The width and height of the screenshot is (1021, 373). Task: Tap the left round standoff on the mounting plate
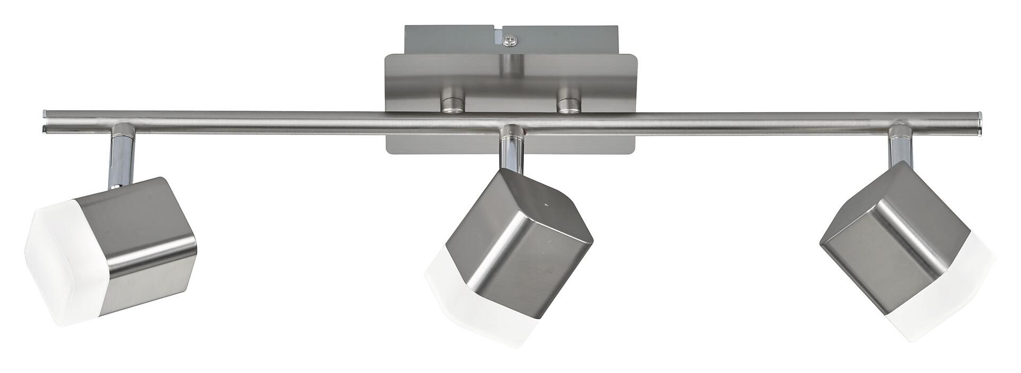click(452, 104)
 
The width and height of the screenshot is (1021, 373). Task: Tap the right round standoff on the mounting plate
click(569, 104)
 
